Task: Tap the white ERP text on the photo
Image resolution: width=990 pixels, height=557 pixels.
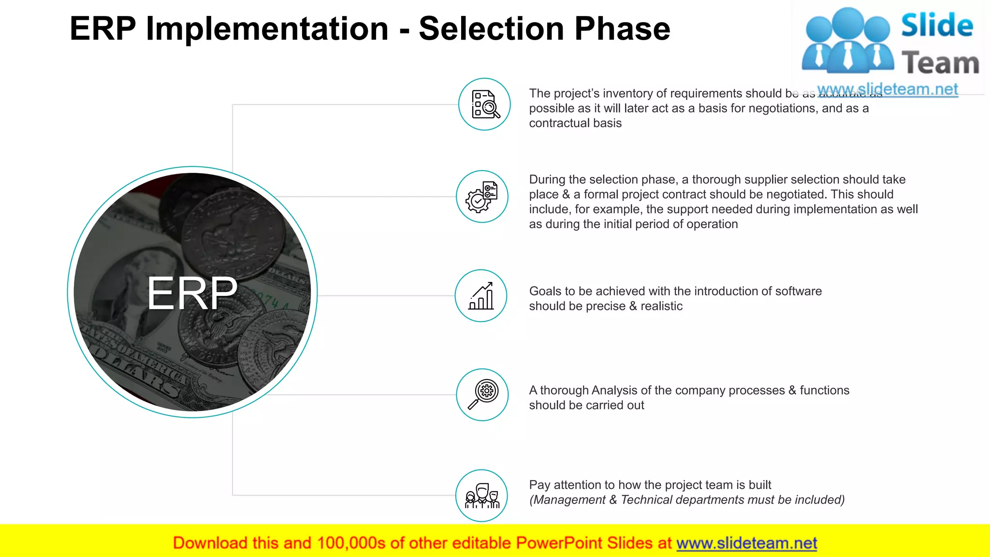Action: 192,293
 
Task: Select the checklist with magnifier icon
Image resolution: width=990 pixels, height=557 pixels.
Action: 484,104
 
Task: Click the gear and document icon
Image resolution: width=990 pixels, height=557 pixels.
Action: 482,196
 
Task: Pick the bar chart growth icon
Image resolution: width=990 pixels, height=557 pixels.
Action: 481,295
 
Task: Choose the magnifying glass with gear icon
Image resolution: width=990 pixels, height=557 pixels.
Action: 482,395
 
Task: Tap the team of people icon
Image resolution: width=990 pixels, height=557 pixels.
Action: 481,496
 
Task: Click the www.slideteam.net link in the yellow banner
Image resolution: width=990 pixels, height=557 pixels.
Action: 746,543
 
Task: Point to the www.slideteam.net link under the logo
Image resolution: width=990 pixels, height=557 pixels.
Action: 888,89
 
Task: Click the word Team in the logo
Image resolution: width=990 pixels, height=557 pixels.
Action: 940,63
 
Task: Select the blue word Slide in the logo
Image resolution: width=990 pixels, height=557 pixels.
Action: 937,25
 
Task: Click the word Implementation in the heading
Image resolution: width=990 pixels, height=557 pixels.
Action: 267,29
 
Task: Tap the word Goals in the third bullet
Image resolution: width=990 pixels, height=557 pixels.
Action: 545,291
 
